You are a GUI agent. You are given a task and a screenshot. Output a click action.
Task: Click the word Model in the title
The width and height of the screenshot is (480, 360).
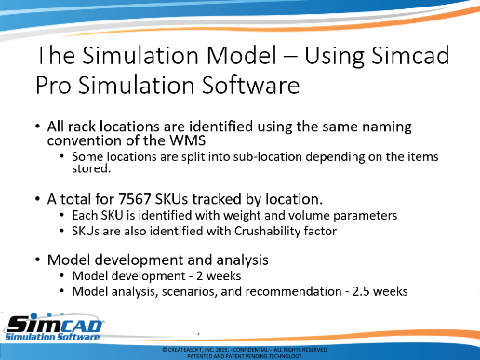241,55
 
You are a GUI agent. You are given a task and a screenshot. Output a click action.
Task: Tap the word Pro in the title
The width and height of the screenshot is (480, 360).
53,85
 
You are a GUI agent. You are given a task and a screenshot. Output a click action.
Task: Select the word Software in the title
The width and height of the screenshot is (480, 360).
251,85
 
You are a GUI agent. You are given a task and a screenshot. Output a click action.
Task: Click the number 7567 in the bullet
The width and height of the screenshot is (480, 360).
135,199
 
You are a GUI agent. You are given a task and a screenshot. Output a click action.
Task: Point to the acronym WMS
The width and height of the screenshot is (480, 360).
187,140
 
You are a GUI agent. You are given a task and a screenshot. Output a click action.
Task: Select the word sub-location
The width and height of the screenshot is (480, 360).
268,156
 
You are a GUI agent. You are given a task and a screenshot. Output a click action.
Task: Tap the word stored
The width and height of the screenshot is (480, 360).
91,168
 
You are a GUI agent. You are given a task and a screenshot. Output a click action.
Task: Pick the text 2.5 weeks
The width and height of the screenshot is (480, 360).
380,291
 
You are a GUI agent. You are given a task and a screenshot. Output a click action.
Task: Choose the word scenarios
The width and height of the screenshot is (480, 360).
190,292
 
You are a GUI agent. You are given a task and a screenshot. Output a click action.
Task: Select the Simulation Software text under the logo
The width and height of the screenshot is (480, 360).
52,337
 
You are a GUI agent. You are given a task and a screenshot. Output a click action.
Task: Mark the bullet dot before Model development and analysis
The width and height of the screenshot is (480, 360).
38,260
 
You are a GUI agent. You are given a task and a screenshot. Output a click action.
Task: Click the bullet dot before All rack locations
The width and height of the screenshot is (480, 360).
38,127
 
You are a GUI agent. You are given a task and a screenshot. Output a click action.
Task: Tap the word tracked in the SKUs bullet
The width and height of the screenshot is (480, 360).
217,199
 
